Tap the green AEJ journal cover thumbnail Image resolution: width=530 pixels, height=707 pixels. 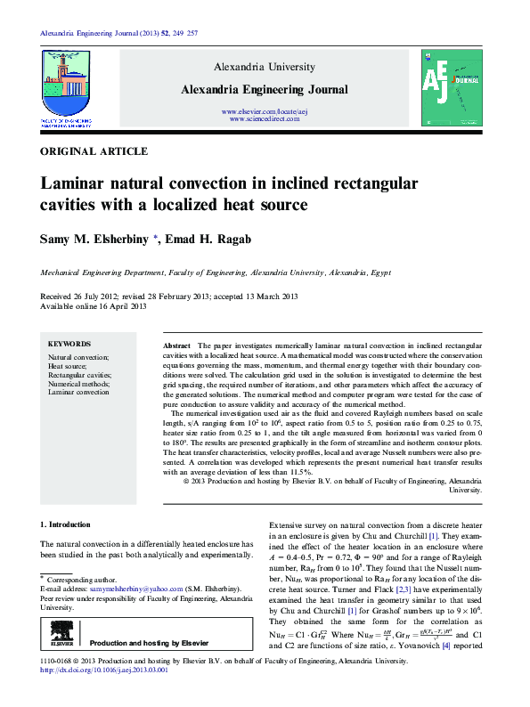(452, 87)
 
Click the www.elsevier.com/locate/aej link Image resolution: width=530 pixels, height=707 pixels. (264, 110)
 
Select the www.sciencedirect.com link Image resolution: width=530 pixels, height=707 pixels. (264, 118)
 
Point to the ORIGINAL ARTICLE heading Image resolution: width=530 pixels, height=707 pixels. (94, 152)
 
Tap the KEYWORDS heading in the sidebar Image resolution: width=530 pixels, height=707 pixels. (69, 344)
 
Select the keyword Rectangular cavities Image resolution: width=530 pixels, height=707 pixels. (79, 374)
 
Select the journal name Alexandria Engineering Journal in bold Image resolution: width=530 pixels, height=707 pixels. (264, 89)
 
